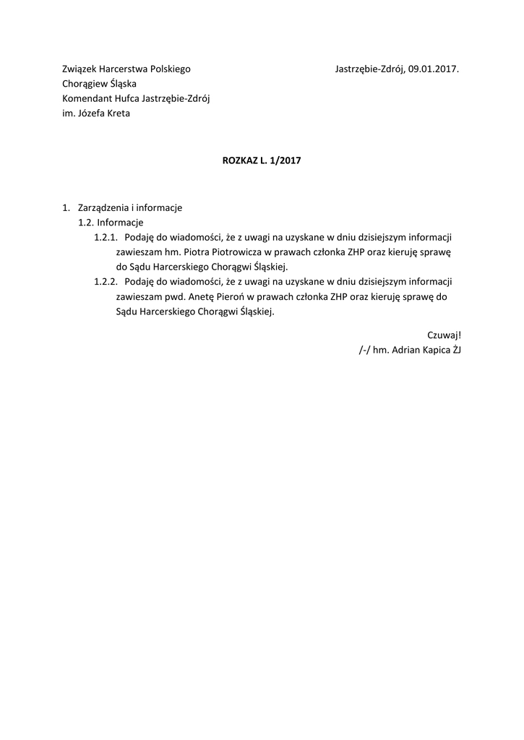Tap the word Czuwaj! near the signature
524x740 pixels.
(444, 335)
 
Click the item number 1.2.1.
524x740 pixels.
(106, 237)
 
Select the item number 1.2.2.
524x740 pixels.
(106, 282)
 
